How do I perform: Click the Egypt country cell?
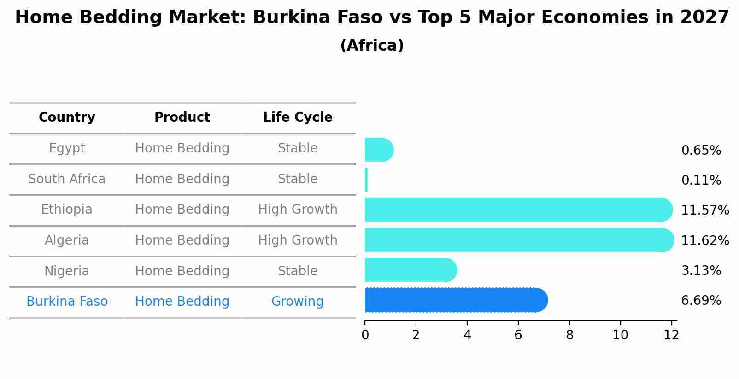[x=67, y=148]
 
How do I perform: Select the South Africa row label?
[x=67, y=179]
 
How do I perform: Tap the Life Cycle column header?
[x=298, y=117]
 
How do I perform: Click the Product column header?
[x=182, y=117]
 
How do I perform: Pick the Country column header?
[x=67, y=117]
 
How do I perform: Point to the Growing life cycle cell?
[x=297, y=302]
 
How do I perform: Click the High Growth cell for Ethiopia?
[x=298, y=210]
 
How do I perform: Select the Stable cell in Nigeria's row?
[x=298, y=271]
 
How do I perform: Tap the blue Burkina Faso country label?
[x=67, y=302]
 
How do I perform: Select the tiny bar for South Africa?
[x=366, y=180]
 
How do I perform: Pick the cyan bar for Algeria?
[x=518, y=240]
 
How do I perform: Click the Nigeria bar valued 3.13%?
[x=410, y=270]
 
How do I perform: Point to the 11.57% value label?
[x=704, y=210]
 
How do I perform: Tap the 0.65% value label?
[x=701, y=151]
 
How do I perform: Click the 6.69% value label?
[x=701, y=301]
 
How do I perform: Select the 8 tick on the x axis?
[x=569, y=335]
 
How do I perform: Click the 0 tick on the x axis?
[x=365, y=335]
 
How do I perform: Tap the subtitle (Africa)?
[x=372, y=46]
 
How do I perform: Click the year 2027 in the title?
[x=704, y=17]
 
